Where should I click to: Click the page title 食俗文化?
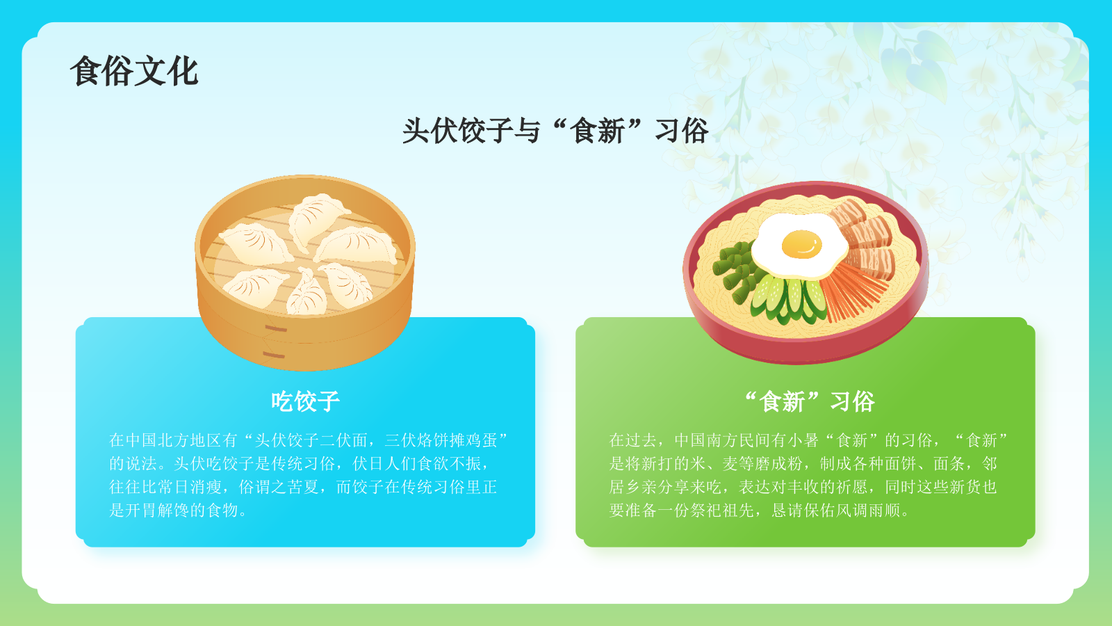134,72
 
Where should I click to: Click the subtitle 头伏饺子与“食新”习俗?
555,131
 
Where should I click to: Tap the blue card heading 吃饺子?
305,401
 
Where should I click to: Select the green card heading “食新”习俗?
809,401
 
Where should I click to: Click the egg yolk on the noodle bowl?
801,244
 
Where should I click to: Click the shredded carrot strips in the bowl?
853,292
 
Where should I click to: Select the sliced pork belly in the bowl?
865,236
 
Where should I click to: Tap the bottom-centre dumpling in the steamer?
306,292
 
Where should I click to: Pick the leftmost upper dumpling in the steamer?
255,243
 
